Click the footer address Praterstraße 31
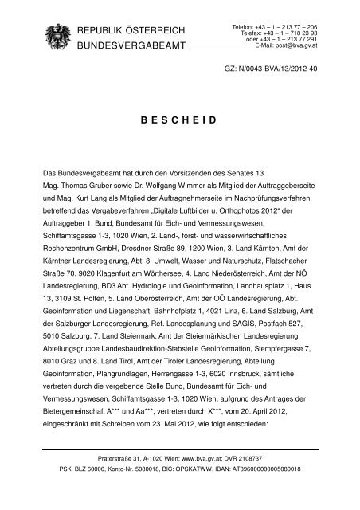[127, 482]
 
